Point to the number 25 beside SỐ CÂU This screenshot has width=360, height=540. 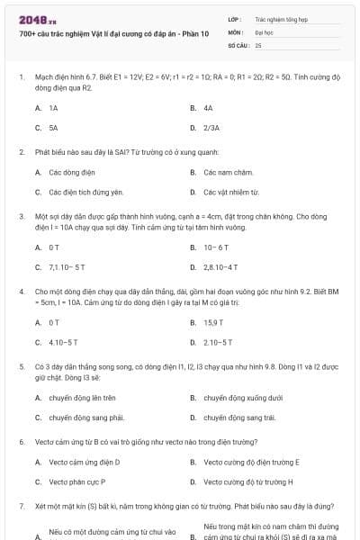[258, 44]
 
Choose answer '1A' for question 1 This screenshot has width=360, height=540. [53, 107]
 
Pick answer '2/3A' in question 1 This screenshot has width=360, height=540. [211, 128]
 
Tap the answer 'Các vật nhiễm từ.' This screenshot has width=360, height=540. [231, 192]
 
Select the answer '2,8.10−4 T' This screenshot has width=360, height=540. [220, 266]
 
